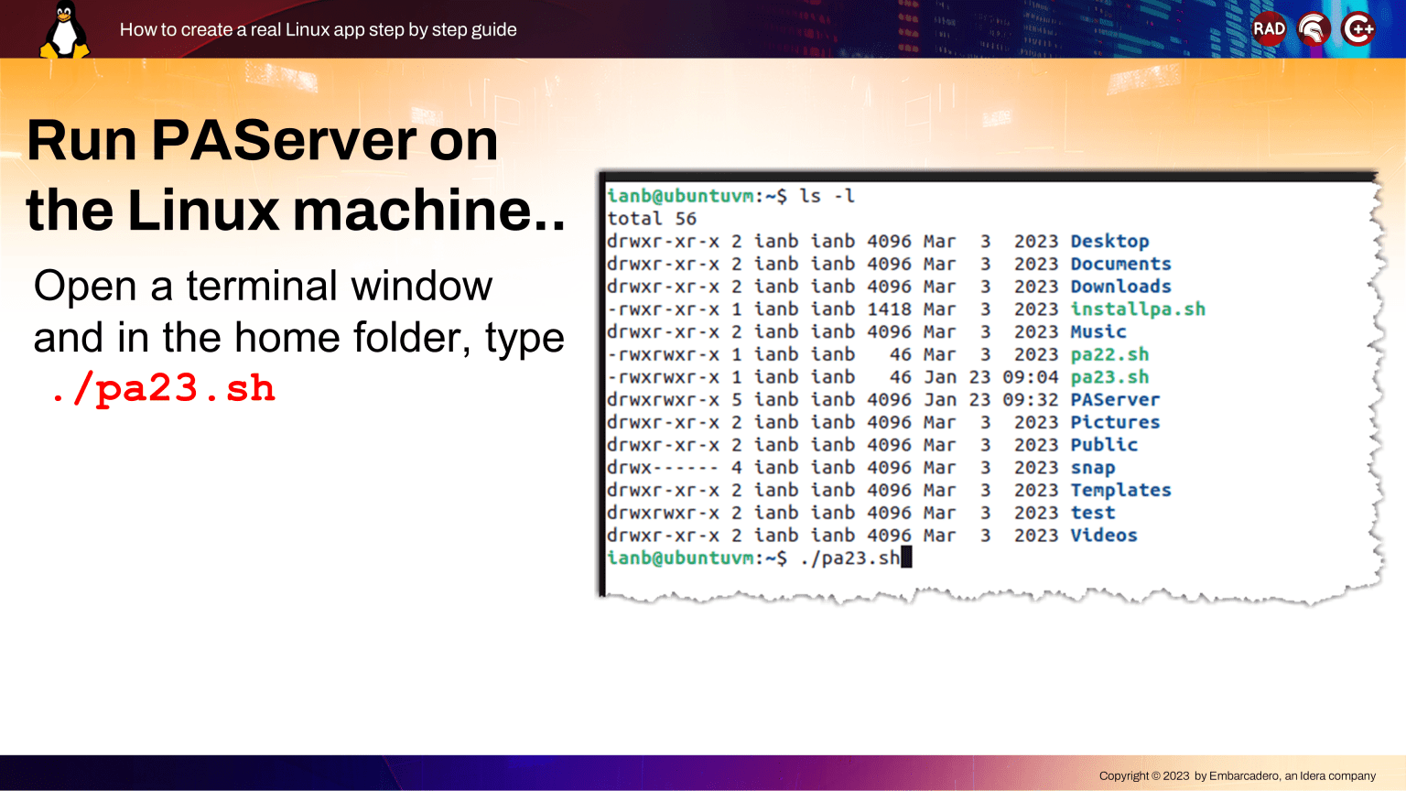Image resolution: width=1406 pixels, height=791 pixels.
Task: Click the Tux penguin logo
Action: pos(64,29)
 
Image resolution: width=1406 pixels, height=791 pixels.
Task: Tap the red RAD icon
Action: pos(1269,29)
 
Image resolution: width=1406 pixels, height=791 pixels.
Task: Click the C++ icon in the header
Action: pos(1357,29)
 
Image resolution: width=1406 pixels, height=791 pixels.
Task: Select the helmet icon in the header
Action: pos(1314,29)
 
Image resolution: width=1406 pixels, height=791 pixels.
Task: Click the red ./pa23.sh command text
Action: pos(163,388)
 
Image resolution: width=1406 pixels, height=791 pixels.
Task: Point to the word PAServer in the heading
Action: pos(284,141)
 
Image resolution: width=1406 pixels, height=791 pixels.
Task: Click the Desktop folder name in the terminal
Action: pos(1109,241)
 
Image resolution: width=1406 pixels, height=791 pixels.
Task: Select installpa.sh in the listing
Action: pos(1138,309)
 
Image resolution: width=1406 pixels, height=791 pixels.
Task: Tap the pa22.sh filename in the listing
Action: pos(1109,354)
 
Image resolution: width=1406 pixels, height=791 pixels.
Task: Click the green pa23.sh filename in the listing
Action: pos(1109,377)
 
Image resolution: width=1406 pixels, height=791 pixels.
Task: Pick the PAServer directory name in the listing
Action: pos(1116,399)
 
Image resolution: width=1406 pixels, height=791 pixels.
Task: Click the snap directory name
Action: pos(1093,468)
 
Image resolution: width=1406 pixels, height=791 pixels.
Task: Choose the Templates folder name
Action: pos(1121,490)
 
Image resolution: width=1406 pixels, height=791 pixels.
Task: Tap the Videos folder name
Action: pos(1104,535)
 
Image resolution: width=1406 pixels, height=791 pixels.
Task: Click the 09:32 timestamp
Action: pos(1030,399)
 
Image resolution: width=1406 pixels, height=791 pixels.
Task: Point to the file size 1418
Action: pos(889,309)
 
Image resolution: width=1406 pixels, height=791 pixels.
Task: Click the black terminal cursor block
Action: pos(906,558)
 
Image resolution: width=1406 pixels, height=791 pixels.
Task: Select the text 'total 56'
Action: pos(652,219)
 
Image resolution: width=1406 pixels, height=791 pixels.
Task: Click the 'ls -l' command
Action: pos(827,196)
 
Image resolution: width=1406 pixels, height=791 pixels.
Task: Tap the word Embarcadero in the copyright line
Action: pos(1243,776)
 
